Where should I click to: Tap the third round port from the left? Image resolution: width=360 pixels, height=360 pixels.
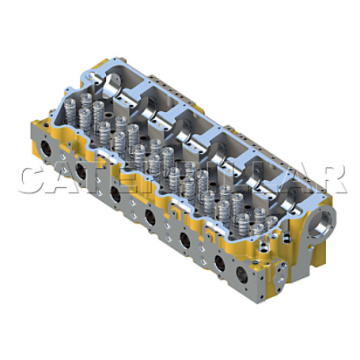point(117,191)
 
